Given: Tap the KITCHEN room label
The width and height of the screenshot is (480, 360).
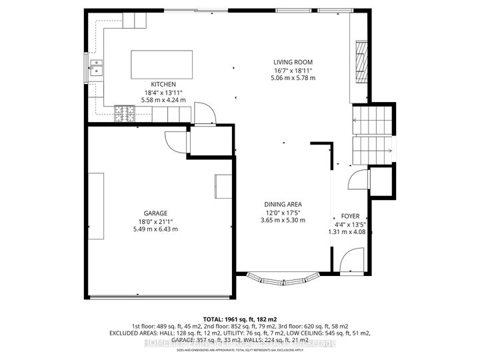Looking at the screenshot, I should click(x=163, y=84).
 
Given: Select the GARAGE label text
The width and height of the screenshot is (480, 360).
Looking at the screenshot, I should click(x=157, y=213).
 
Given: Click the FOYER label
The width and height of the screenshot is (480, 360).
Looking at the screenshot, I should click(x=351, y=217).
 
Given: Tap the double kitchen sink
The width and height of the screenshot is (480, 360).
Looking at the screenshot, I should click(x=98, y=67).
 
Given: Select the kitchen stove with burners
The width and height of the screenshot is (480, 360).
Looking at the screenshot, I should click(x=125, y=115).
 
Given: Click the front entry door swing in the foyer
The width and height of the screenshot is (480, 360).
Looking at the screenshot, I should click(x=349, y=261).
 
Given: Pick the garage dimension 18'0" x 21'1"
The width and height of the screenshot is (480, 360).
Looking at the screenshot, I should click(x=157, y=221).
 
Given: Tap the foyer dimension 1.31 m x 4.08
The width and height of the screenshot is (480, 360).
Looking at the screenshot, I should click(x=351, y=232).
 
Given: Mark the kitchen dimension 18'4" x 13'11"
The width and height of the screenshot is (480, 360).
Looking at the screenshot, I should click(x=163, y=92).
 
